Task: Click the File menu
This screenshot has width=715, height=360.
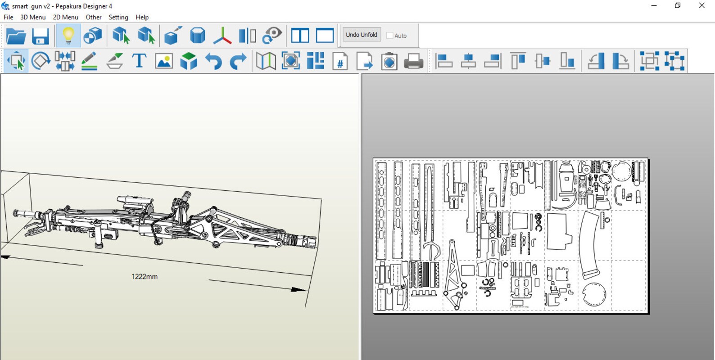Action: coord(8,17)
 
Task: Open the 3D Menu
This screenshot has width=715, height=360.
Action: coord(33,17)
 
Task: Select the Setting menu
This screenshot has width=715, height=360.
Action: coord(118,17)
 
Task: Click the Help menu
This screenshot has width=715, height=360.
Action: coord(142,17)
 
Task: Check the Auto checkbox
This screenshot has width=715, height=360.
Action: coord(390,36)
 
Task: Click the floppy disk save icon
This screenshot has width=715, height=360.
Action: coord(40,36)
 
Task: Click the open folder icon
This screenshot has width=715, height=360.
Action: coord(16,36)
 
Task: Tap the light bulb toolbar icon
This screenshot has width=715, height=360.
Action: coord(68,36)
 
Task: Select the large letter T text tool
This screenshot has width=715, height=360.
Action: coord(139,61)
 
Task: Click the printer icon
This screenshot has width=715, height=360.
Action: coord(413,61)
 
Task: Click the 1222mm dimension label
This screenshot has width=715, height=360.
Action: coord(145,277)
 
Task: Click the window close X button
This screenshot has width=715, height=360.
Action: coord(701,6)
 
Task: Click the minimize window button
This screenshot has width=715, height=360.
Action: coord(654,6)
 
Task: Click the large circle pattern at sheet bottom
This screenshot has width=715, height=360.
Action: coord(594,294)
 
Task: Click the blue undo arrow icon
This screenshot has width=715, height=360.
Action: coord(213,61)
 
